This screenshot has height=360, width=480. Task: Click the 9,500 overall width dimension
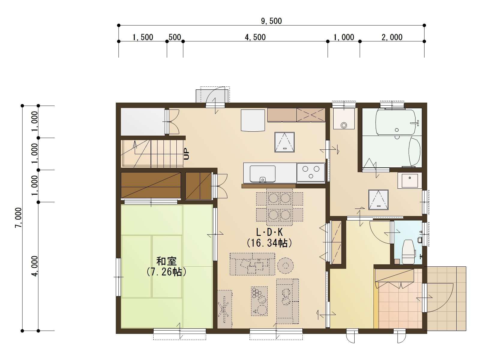[271, 21]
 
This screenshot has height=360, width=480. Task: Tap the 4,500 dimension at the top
[255, 37]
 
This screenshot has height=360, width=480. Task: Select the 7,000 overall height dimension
[19, 218]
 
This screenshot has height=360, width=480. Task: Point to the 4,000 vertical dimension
[35, 266]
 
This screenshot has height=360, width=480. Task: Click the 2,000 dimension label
[392, 37]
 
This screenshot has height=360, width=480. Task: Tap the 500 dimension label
[175, 37]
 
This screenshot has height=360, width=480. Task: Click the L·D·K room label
[269, 232]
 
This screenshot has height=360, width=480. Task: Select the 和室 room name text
[166, 261]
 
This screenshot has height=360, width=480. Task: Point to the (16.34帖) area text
[269, 243]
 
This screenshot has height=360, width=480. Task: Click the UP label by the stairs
[186, 154]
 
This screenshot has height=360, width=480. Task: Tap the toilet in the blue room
[409, 252]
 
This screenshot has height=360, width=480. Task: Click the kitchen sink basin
[262, 174]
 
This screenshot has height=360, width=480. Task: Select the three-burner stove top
[311, 172]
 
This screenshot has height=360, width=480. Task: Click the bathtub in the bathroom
[395, 122]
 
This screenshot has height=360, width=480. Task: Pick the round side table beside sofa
[286, 265]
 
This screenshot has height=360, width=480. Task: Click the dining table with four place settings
[280, 207]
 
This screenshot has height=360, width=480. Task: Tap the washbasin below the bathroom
[409, 180]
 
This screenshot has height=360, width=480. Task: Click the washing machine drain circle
[344, 125]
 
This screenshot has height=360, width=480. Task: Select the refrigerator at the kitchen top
[253, 120]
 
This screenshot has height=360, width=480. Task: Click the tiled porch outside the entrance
[446, 299]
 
